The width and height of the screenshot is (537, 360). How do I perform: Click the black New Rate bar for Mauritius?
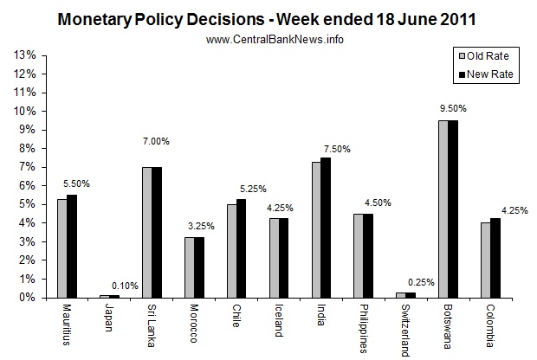click(72, 246)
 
